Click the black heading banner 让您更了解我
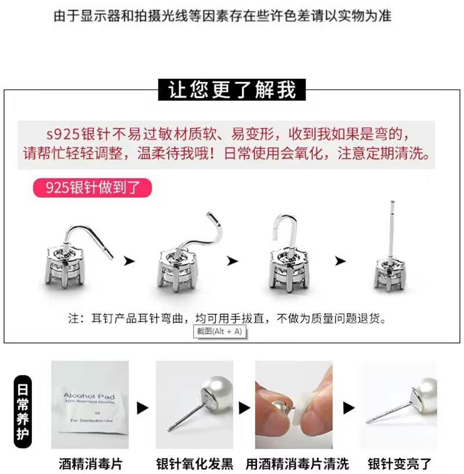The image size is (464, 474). point(232,90)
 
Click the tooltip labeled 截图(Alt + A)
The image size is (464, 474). point(219,331)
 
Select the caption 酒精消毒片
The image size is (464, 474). point(90,464)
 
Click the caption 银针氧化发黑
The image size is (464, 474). point(194,464)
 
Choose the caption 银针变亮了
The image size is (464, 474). point(400,464)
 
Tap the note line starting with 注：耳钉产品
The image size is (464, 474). point(227,319)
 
